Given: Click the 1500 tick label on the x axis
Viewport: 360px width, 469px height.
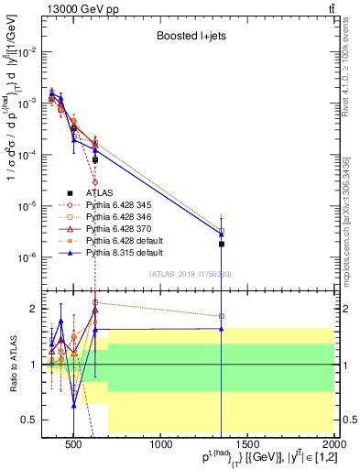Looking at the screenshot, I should (248, 445).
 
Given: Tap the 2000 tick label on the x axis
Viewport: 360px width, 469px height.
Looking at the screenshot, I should (332, 445).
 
